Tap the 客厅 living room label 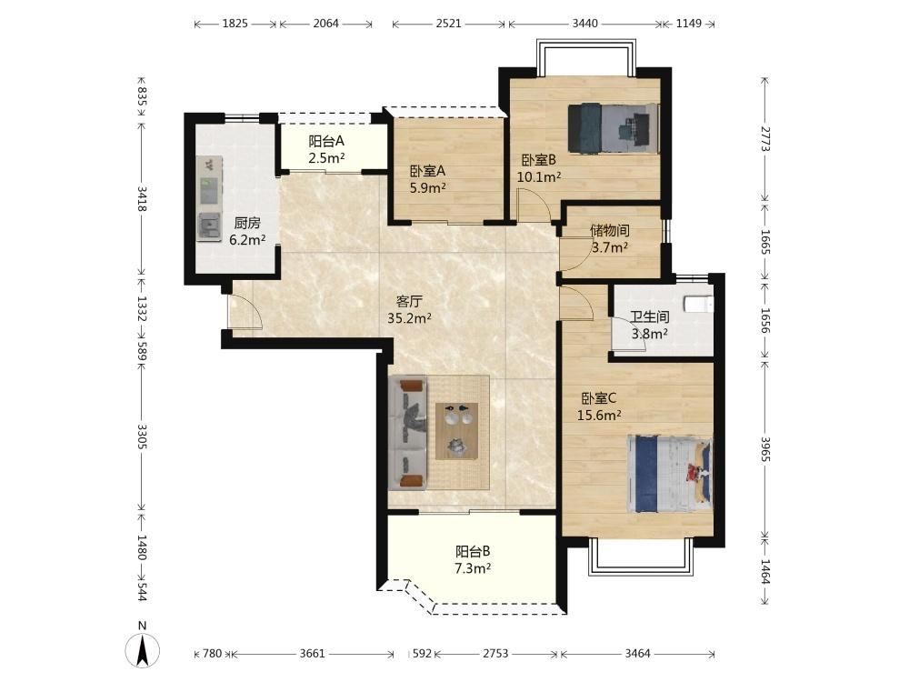pos(409,302)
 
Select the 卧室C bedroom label pos(599,398)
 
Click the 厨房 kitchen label pos(247,224)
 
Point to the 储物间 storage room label pos(609,231)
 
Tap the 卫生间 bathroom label pos(650,317)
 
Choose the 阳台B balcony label pos(473,552)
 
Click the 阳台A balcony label pos(326,141)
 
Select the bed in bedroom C pos(670,474)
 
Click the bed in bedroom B pos(614,128)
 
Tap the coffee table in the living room pos(457,431)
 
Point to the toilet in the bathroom pos(698,305)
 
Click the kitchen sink pos(209,226)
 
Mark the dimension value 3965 pos(765,449)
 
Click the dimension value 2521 pos(449,24)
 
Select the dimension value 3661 pos(312,654)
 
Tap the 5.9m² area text pos(428,188)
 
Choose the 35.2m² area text pos(409,317)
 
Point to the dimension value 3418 pos(142,198)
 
